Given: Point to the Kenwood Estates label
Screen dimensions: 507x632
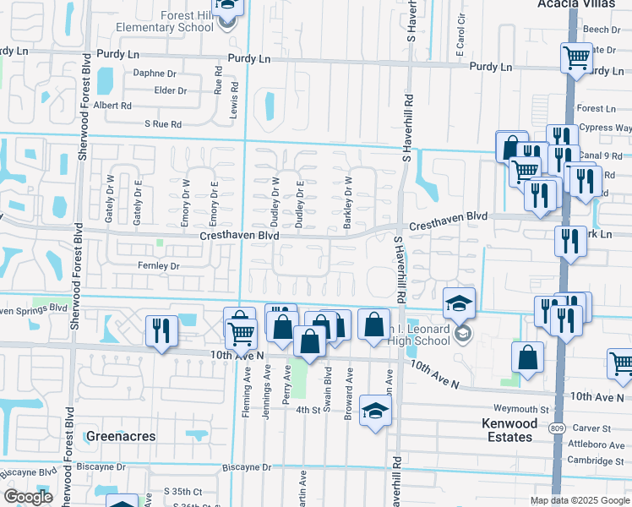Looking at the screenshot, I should click(x=507, y=430).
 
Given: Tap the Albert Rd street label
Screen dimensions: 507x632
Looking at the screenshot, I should click(x=112, y=106).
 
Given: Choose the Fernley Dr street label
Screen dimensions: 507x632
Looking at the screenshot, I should click(x=160, y=266).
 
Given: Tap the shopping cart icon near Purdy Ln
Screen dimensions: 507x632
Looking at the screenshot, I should click(x=576, y=59).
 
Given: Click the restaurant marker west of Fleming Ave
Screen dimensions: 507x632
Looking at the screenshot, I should click(x=159, y=330).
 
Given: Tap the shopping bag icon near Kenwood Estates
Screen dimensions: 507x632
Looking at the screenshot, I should click(x=527, y=357).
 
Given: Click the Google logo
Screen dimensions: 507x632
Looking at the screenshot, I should click(x=28, y=497).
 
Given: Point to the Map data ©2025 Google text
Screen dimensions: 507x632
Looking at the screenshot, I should click(x=579, y=500).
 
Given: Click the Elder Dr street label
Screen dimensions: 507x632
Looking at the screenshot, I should click(x=170, y=90).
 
